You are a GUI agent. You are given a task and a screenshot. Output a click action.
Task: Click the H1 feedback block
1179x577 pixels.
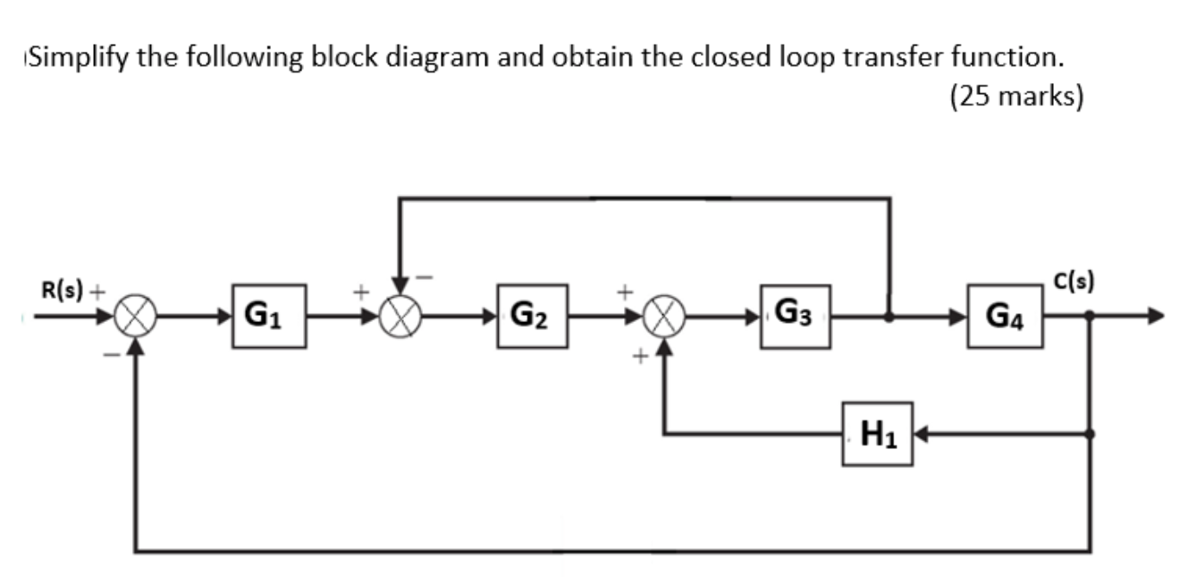pyautogui.click(x=877, y=434)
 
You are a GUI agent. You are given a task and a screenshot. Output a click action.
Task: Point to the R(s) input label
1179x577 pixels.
pyautogui.click(x=62, y=290)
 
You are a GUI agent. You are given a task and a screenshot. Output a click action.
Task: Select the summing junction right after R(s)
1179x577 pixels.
pyautogui.click(x=139, y=316)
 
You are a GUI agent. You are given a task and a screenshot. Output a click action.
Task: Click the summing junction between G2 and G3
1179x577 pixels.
pyautogui.click(x=663, y=316)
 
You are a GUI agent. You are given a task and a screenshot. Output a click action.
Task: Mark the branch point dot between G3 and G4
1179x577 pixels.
pyautogui.click(x=888, y=316)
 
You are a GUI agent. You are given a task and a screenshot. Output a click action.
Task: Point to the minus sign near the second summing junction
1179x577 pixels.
pyautogui.click(x=425, y=277)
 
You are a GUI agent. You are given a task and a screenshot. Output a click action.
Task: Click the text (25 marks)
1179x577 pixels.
pyautogui.click(x=1016, y=96)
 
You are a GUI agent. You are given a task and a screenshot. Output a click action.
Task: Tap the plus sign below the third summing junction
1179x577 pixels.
pyautogui.click(x=640, y=357)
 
